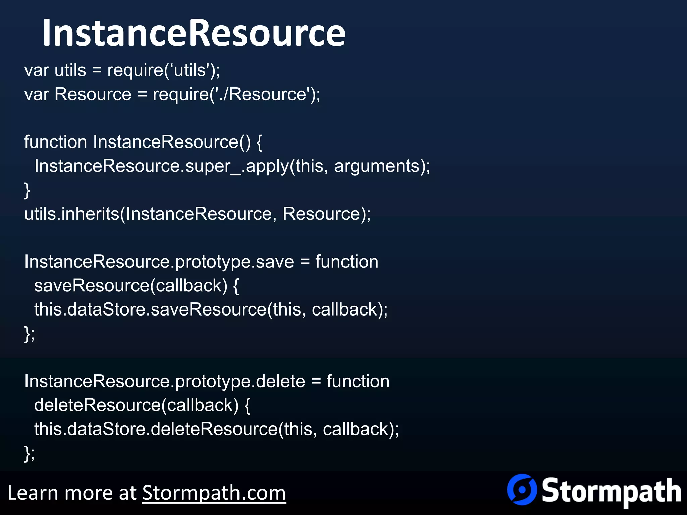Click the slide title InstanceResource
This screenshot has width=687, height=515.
click(x=194, y=33)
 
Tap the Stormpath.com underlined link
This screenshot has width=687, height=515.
click(x=214, y=493)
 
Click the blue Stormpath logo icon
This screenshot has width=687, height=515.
click(x=522, y=489)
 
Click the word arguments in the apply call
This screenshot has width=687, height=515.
click(x=377, y=166)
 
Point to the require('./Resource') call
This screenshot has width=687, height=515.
click(x=236, y=94)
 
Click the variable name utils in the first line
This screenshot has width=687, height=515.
click(x=70, y=70)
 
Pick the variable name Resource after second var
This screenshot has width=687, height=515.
click(x=93, y=94)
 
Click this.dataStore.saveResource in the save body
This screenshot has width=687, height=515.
click(x=150, y=309)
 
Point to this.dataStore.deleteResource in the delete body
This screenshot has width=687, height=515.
click(x=156, y=429)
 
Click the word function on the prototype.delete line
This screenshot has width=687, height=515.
click(x=358, y=381)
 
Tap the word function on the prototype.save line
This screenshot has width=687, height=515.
click(x=347, y=262)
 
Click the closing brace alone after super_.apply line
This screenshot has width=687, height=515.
click(x=27, y=190)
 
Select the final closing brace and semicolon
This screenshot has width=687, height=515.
click(x=29, y=453)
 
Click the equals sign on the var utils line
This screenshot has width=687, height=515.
click(x=97, y=70)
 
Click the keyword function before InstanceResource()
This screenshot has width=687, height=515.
click(x=56, y=142)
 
